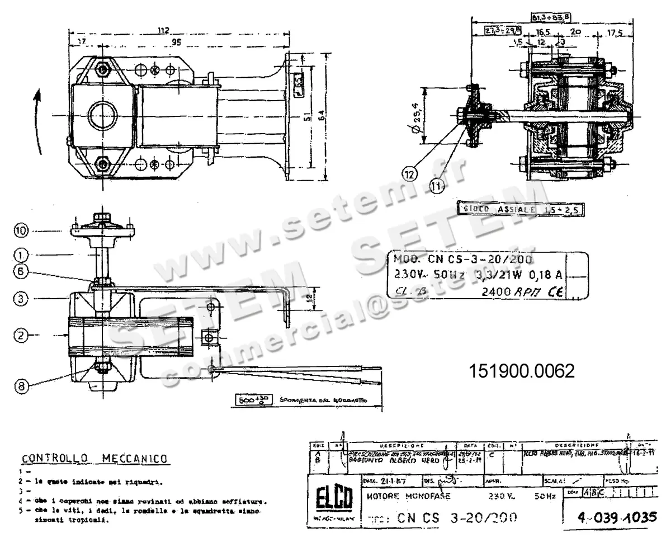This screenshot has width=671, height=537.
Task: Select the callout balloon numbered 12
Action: point(410,174)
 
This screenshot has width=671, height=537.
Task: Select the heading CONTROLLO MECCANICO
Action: point(94,459)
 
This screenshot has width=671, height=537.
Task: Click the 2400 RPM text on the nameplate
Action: point(511,292)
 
